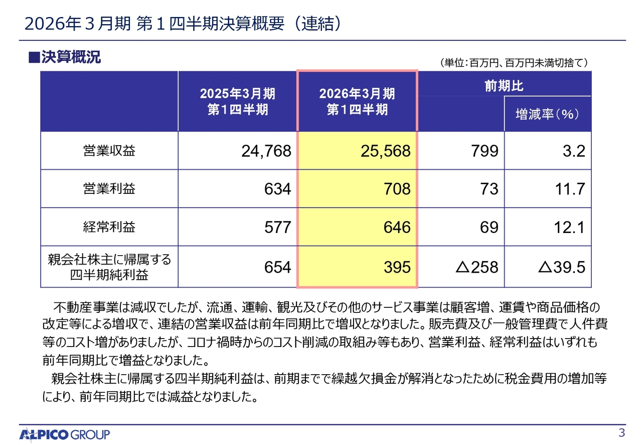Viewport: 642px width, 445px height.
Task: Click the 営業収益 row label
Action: pos(109,151)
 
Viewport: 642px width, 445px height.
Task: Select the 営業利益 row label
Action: pos(109,189)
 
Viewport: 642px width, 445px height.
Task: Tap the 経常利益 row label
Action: pos(109,227)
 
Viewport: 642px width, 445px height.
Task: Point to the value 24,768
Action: pos(266,151)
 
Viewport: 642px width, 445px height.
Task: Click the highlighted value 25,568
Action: pos(385,151)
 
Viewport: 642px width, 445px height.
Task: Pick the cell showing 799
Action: pos(485,151)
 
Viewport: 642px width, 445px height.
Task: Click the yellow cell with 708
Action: pos(397,189)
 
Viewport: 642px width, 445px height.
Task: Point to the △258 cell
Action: pos(476,267)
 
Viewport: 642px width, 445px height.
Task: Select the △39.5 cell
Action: pos(561,267)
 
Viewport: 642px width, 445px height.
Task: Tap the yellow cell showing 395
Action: pos(397,267)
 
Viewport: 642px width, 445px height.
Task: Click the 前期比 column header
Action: pos(504,86)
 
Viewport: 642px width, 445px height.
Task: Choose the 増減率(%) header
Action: pos(548,115)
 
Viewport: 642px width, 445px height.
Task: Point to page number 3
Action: pos(622,433)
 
